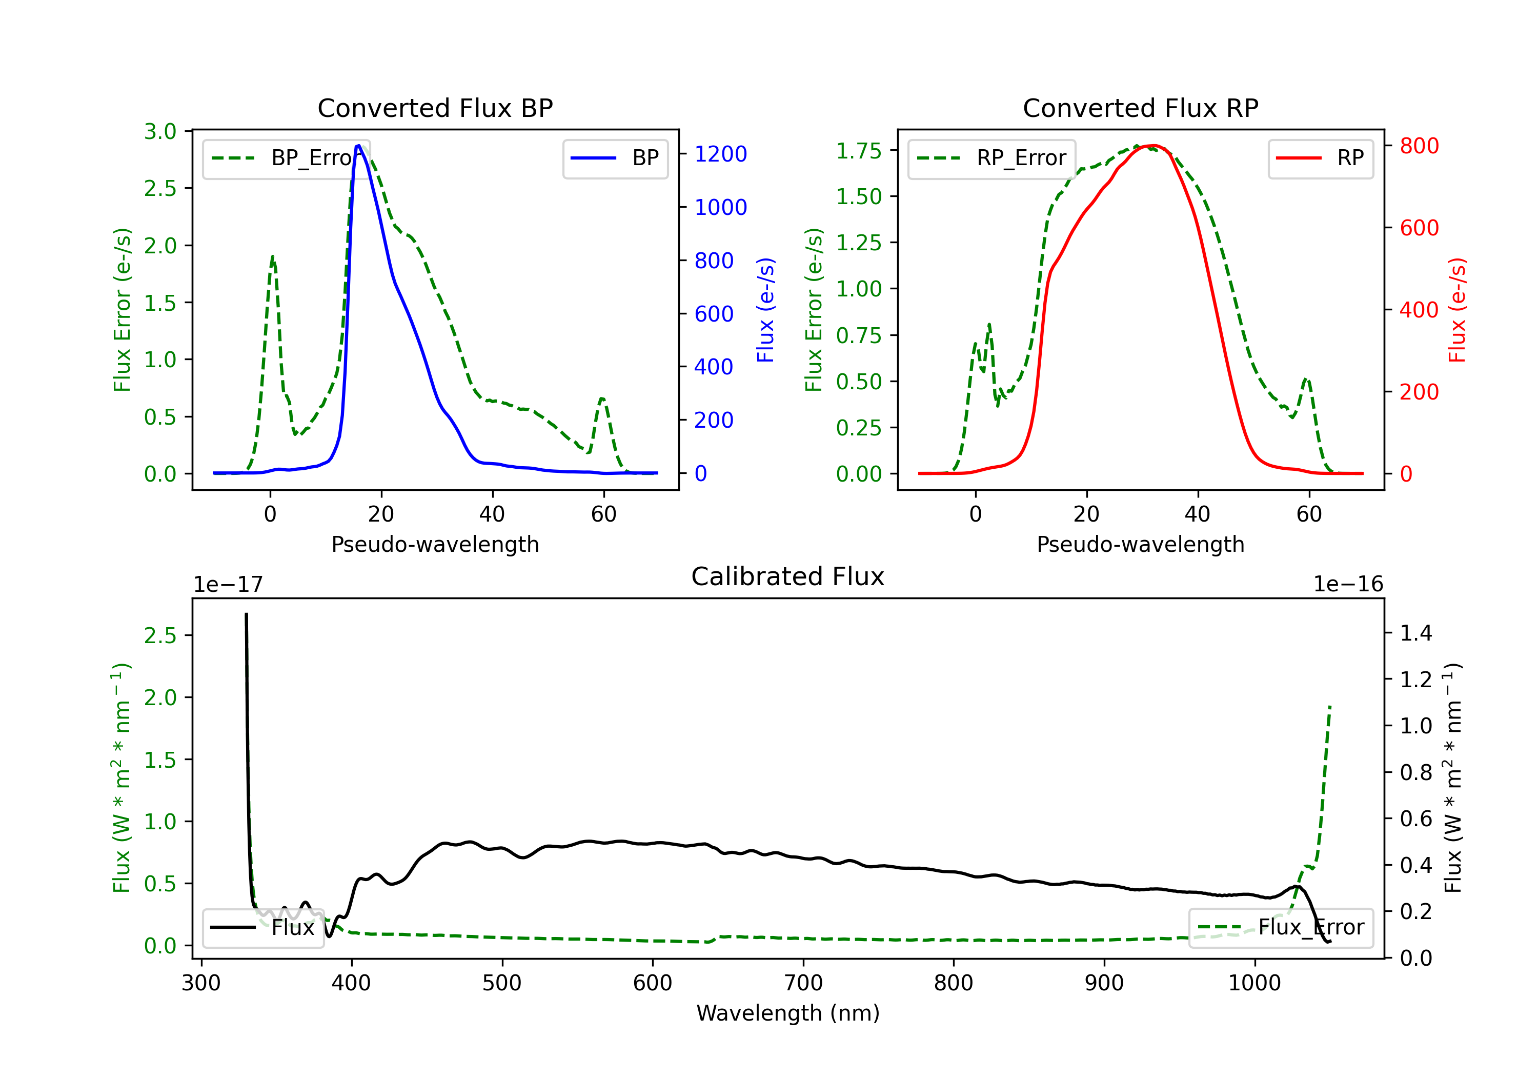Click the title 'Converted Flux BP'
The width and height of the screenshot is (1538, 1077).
[x=435, y=108]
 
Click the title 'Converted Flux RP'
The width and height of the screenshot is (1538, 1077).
[x=1140, y=108]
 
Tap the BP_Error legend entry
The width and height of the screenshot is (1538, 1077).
[x=287, y=158]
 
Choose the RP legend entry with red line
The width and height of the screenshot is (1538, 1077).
[x=1320, y=158]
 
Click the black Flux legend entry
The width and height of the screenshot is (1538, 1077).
[x=262, y=928]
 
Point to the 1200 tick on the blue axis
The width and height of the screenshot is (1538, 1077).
[x=720, y=154]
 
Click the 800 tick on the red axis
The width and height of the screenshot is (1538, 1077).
[x=1419, y=146]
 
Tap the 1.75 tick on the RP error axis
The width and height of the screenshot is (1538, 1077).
[x=858, y=151]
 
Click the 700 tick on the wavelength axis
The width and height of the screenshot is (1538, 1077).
[x=803, y=983]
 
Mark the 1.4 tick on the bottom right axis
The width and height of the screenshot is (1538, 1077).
[x=1415, y=633]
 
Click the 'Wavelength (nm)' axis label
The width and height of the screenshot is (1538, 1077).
[x=788, y=1013]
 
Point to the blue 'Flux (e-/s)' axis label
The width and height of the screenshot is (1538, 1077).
[x=765, y=310]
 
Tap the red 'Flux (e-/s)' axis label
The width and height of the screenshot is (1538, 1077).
[x=1458, y=310]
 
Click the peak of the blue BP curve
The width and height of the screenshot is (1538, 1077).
[x=358, y=146]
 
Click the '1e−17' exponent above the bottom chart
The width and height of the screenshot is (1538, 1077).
[x=228, y=585]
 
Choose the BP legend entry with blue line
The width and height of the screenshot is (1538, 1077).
[x=615, y=158]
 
